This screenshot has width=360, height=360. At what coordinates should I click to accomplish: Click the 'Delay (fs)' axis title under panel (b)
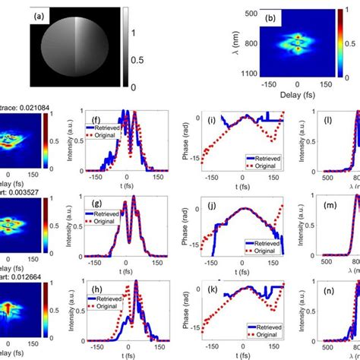pyautogui.click(x=297, y=97)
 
